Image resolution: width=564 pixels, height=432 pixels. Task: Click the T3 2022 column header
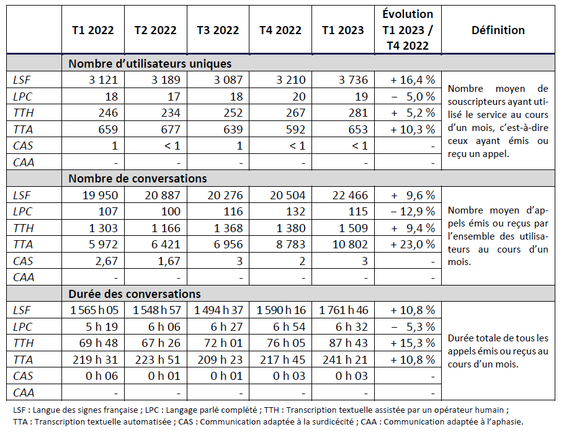(218, 30)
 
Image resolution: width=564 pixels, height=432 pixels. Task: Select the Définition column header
(498, 30)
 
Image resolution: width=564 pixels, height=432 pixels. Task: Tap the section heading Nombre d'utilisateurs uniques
(150, 63)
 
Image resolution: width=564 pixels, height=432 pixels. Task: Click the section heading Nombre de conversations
(137, 178)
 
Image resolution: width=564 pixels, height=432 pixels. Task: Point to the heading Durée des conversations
(134, 294)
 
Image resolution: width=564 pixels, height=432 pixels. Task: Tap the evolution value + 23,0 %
(413, 244)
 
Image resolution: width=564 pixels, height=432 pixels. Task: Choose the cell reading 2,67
(103, 261)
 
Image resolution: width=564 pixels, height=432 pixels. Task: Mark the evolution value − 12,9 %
(413, 211)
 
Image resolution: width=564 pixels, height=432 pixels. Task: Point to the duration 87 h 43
(351, 343)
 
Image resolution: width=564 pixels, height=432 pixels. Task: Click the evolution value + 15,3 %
(413, 343)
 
